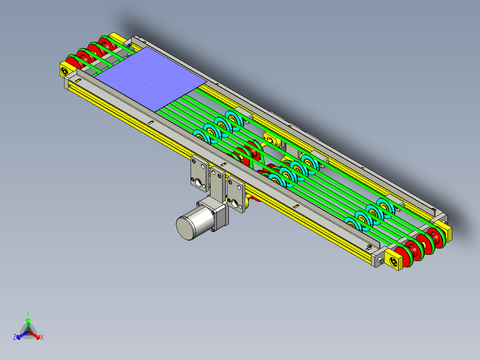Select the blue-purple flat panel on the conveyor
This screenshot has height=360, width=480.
(x=151, y=79)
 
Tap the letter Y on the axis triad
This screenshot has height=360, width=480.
(x=28, y=313)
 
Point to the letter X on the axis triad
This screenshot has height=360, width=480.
(x=42, y=337)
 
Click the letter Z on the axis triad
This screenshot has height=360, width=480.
(x=14, y=337)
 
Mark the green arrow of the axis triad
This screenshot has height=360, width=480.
(x=28, y=324)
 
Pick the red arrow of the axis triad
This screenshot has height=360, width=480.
(x=34, y=335)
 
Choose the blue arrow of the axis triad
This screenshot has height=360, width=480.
(x=22, y=335)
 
